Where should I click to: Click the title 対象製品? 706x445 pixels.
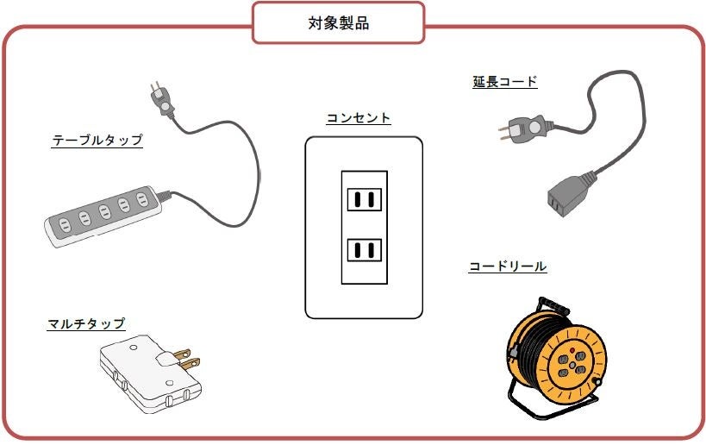click(x=338, y=23)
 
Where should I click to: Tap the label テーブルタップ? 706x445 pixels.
click(x=97, y=141)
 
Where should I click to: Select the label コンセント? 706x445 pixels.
click(x=358, y=118)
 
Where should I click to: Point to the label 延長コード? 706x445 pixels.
click(x=504, y=82)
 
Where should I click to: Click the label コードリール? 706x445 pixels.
click(x=507, y=266)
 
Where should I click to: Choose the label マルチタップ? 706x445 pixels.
click(x=85, y=324)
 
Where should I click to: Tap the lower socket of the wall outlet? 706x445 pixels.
click(x=364, y=251)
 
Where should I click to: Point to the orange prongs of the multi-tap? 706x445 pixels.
click(x=184, y=358)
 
